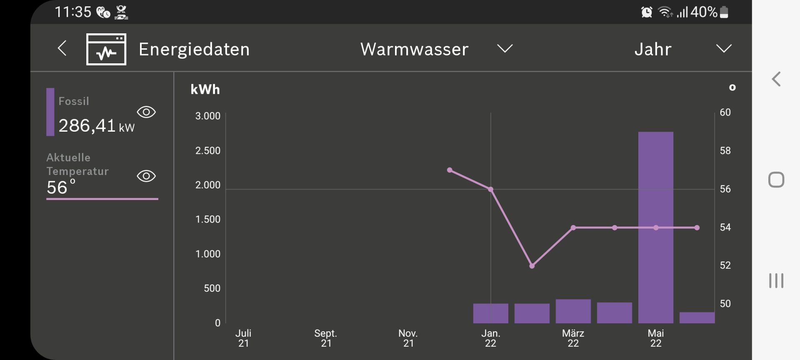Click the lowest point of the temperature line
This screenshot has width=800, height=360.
point(532,266)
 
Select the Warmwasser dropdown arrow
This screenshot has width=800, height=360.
point(505,49)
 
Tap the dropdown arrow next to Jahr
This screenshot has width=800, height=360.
point(724,49)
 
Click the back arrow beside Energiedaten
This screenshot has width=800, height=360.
point(62,48)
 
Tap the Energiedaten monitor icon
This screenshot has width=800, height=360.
point(106,49)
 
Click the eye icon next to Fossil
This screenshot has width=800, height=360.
point(146,112)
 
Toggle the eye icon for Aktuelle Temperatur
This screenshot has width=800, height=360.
point(146,176)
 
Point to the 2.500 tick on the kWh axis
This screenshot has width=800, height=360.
point(208,151)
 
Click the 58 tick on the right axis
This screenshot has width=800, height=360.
point(725,151)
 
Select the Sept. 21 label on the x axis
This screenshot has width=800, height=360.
point(326,338)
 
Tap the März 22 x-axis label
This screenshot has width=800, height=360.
point(573,338)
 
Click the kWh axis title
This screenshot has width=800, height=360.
point(205,90)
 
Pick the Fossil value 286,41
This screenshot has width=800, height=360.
point(87,126)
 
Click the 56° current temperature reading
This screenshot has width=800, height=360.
point(61,187)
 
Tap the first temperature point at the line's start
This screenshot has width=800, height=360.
point(450,170)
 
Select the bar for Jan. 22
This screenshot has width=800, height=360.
point(490,313)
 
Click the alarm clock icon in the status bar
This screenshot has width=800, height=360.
point(646,12)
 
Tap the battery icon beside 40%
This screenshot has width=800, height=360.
point(724,12)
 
